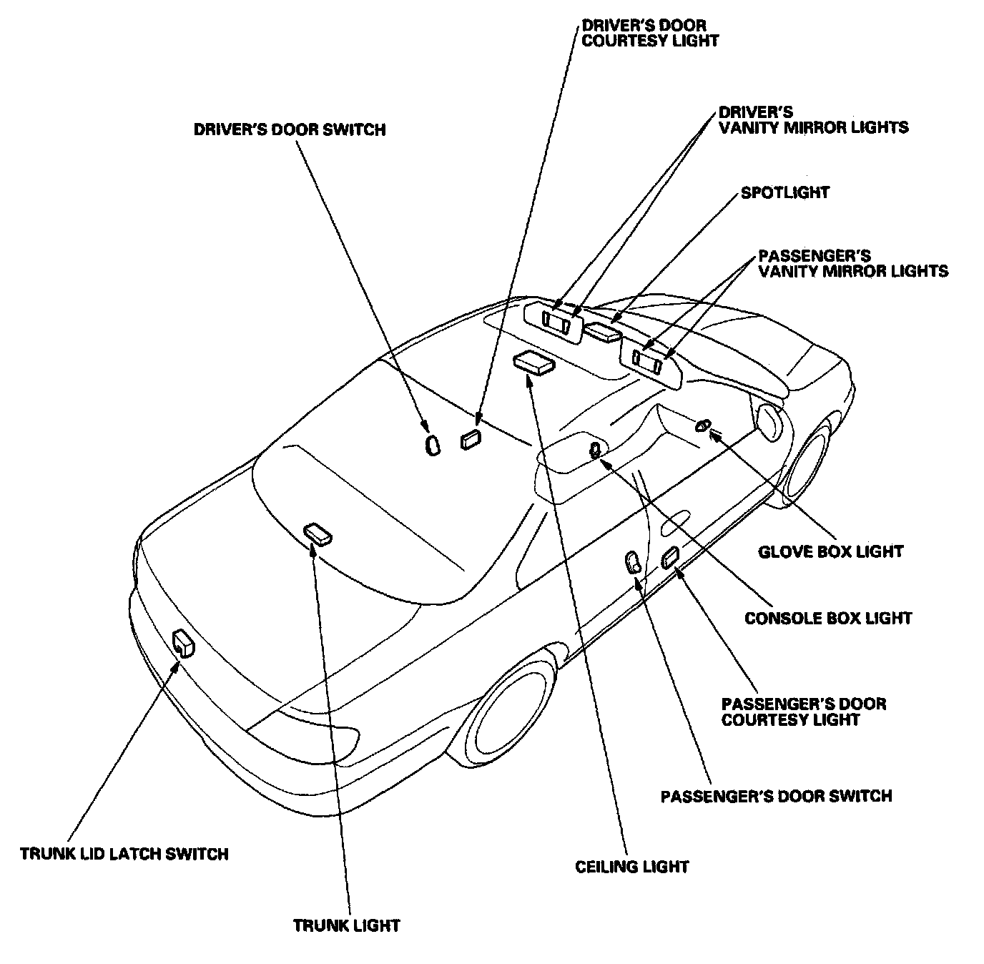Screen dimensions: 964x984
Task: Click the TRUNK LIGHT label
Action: point(346,925)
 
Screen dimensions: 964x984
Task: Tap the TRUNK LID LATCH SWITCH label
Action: point(124,854)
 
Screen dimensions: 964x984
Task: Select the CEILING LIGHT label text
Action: point(632,867)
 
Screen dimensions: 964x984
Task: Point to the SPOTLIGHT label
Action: point(785,192)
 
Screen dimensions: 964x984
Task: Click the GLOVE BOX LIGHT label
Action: point(830,551)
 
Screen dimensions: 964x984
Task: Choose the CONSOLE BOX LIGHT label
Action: point(828,618)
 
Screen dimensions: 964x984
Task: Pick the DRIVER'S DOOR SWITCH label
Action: point(290,129)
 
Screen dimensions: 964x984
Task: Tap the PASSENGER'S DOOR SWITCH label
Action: point(776,796)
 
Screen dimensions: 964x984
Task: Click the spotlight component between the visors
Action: point(603,332)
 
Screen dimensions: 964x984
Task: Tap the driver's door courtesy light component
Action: point(471,439)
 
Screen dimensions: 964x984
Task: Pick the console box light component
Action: point(595,450)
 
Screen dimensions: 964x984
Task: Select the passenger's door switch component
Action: point(634,562)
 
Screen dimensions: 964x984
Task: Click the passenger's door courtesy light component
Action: point(671,556)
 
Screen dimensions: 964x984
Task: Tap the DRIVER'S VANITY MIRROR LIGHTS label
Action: point(813,120)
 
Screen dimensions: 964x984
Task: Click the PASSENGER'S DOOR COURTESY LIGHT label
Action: point(804,712)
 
